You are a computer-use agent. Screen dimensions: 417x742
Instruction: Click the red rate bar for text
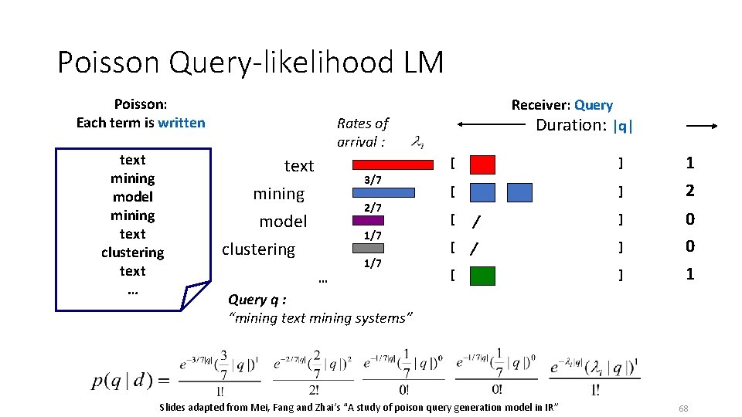click(x=393, y=164)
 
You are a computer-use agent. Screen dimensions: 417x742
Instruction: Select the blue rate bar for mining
click(x=383, y=192)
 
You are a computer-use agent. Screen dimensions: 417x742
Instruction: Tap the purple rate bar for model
click(x=368, y=220)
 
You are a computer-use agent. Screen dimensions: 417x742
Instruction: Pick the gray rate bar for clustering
click(x=362, y=248)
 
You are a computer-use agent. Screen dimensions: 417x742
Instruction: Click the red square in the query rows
click(x=482, y=164)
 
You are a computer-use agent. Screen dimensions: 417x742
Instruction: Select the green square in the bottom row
click(x=482, y=275)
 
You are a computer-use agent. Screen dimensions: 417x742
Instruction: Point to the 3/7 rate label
click(x=373, y=180)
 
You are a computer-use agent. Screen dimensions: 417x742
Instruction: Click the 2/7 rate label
click(x=373, y=208)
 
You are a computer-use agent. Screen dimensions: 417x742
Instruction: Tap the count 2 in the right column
click(x=689, y=192)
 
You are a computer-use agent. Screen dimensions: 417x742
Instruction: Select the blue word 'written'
click(x=181, y=123)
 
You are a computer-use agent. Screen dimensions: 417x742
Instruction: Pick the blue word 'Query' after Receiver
click(x=594, y=105)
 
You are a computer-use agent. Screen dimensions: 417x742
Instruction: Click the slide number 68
click(x=682, y=408)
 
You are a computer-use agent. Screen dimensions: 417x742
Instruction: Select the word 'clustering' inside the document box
click(x=132, y=253)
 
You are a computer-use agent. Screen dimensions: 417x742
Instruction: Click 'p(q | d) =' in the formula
click(x=131, y=380)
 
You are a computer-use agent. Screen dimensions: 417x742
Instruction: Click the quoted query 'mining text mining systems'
click(x=322, y=317)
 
